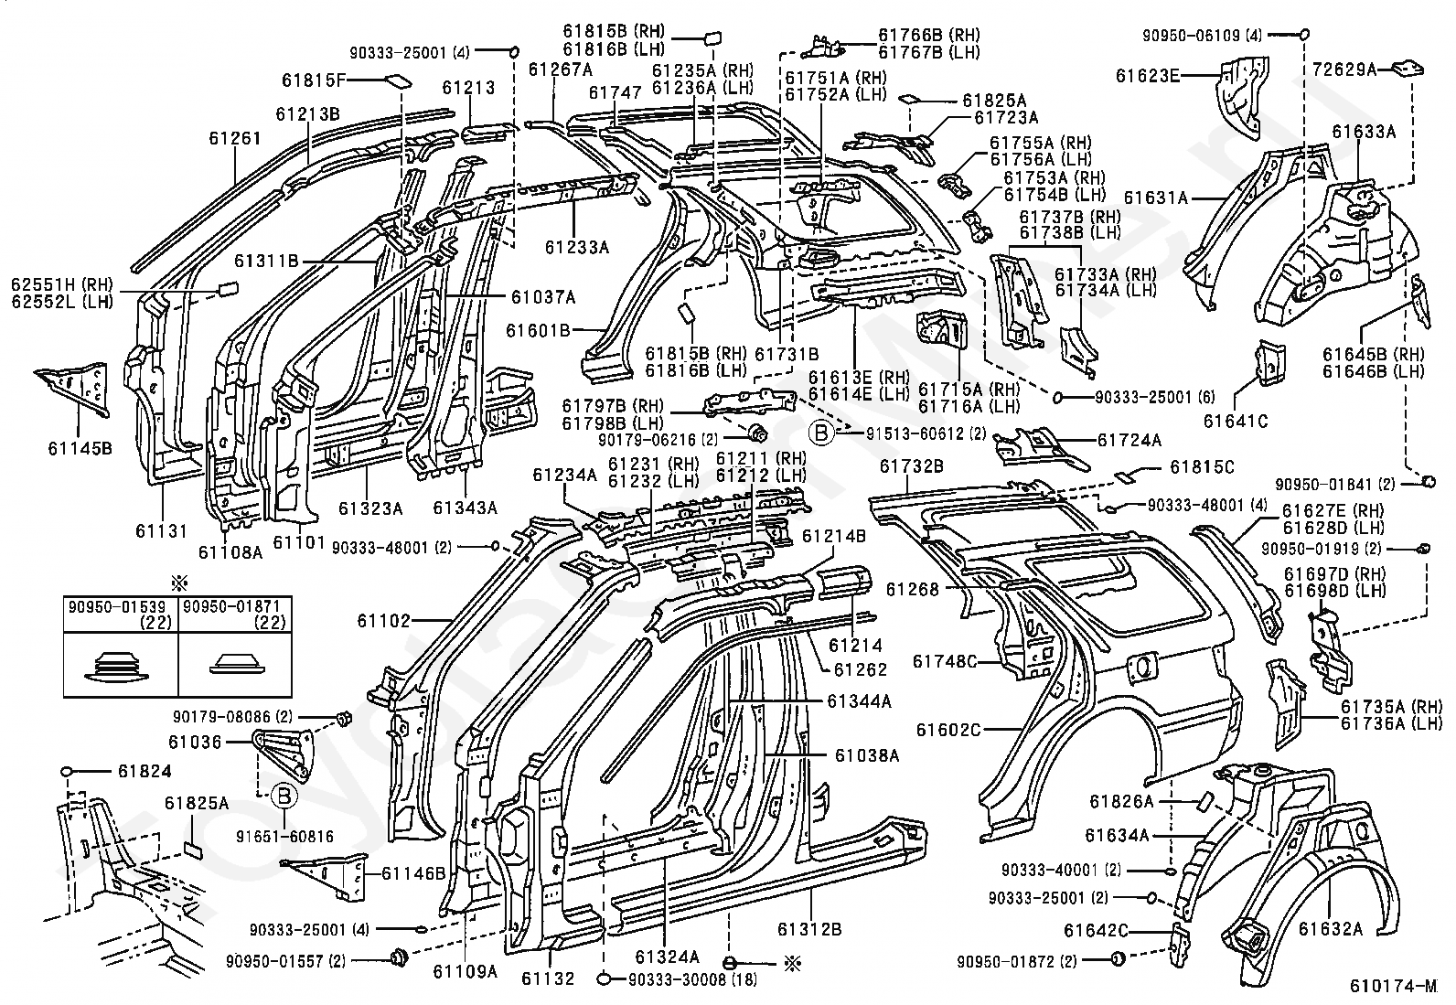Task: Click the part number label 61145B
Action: (x=80, y=448)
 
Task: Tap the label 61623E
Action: (x=1147, y=76)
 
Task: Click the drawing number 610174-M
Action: (x=1393, y=986)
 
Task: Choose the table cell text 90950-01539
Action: (x=109, y=606)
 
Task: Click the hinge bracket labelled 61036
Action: (x=284, y=755)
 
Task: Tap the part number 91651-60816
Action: (x=284, y=837)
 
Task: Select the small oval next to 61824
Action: (x=67, y=772)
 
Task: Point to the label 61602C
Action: (x=948, y=730)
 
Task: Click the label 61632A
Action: (x=1331, y=929)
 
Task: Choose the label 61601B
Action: (x=538, y=331)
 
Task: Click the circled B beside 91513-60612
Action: (x=821, y=433)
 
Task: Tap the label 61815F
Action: (x=314, y=80)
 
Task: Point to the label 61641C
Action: (x=1235, y=422)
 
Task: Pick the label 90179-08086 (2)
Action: (x=232, y=717)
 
